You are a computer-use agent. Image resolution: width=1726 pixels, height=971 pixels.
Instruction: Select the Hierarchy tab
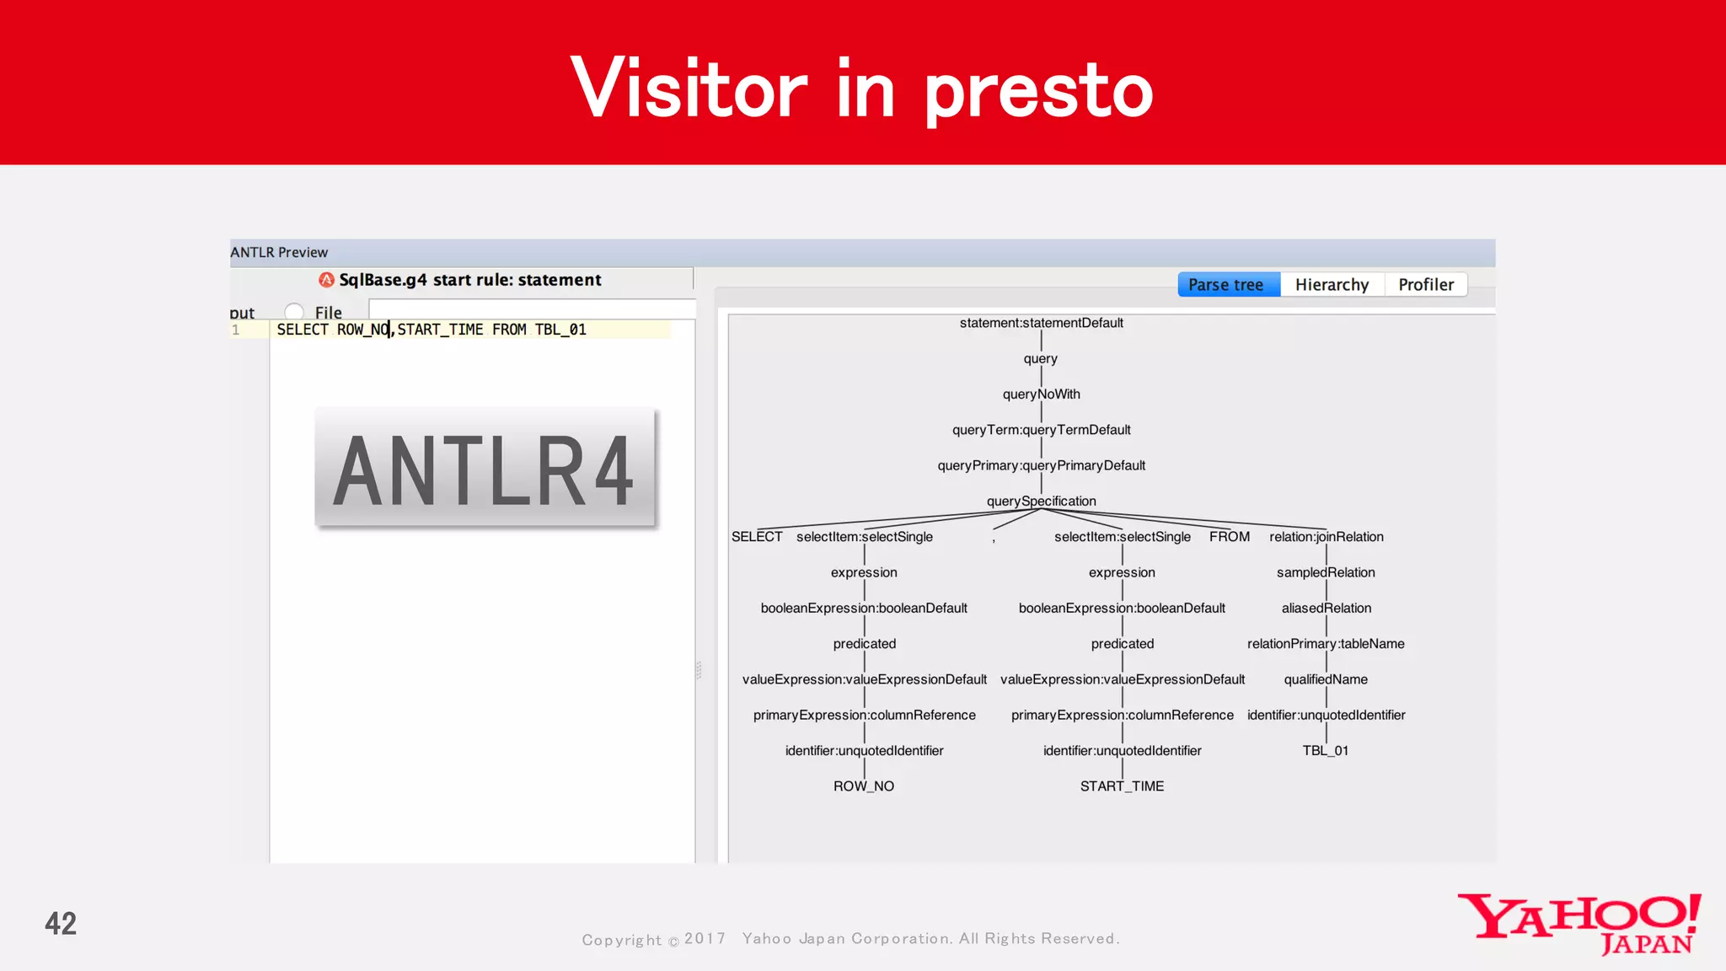click(1332, 285)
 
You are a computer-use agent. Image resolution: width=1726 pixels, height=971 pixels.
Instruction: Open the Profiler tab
click(1426, 285)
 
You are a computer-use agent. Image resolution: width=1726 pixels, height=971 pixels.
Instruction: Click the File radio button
click(294, 313)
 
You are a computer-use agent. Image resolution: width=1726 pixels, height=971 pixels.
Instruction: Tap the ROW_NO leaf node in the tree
click(864, 786)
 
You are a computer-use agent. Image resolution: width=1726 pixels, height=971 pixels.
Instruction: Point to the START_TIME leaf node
click(1122, 786)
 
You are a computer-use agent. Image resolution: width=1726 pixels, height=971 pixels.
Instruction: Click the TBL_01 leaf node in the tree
click(1326, 751)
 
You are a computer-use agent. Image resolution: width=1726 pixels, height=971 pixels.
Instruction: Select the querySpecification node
click(1041, 502)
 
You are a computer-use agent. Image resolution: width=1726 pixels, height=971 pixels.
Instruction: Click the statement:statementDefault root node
click(1041, 323)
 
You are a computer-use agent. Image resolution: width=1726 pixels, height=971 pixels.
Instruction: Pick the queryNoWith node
click(1041, 394)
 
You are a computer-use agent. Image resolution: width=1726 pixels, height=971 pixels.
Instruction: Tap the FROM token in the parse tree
click(1230, 537)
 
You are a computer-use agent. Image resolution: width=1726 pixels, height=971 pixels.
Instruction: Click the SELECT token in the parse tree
click(757, 537)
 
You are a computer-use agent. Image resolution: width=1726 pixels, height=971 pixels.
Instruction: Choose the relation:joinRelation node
click(1326, 537)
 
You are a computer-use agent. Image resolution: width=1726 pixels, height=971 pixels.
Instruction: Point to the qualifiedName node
click(1326, 679)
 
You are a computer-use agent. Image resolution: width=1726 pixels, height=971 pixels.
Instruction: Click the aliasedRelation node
click(1326, 609)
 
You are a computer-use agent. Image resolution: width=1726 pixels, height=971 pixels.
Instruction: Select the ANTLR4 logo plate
click(485, 469)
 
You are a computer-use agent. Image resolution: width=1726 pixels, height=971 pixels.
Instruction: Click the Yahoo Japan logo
click(1579, 923)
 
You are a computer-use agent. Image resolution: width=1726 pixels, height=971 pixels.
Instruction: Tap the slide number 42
click(61, 924)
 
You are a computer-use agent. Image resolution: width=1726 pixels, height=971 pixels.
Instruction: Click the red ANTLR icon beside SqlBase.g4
click(326, 280)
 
